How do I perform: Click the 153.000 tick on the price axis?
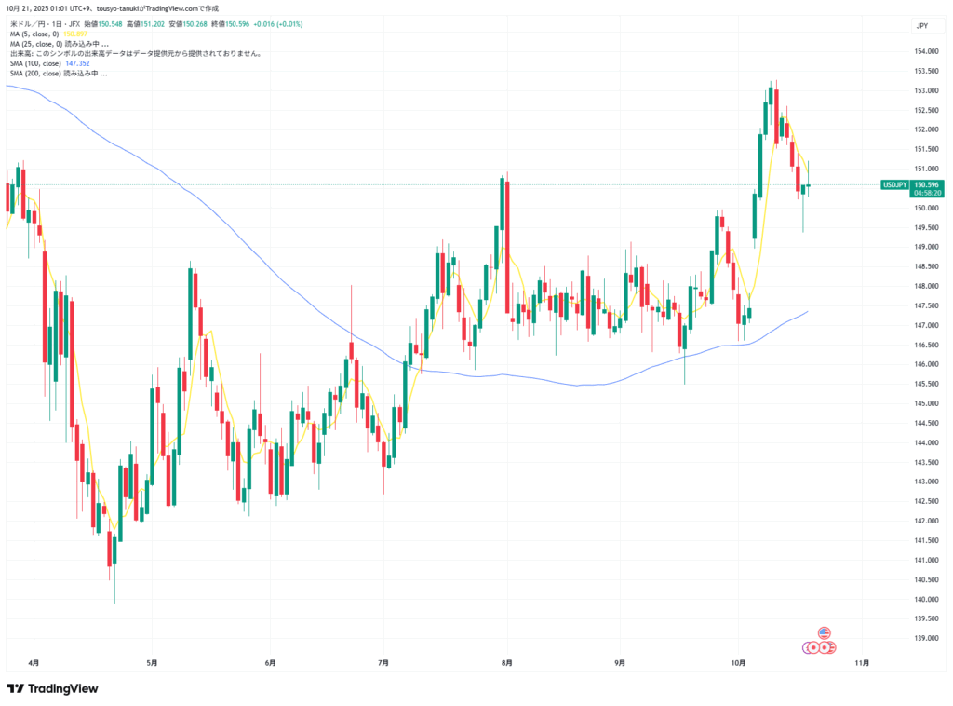tap(926, 91)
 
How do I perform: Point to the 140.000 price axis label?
tap(926, 599)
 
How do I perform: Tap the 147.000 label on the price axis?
tap(926, 325)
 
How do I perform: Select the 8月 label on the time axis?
tap(506, 663)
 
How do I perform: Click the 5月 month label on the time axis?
tap(152, 663)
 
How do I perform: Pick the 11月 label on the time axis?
tap(862, 663)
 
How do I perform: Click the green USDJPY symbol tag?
tap(895, 184)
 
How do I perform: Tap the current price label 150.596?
tap(926, 184)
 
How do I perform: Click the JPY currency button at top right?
tap(921, 25)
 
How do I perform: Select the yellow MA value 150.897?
tap(75, 34)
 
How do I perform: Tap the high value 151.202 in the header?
tap(149, 24)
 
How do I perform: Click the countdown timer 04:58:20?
tap(927, 193)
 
